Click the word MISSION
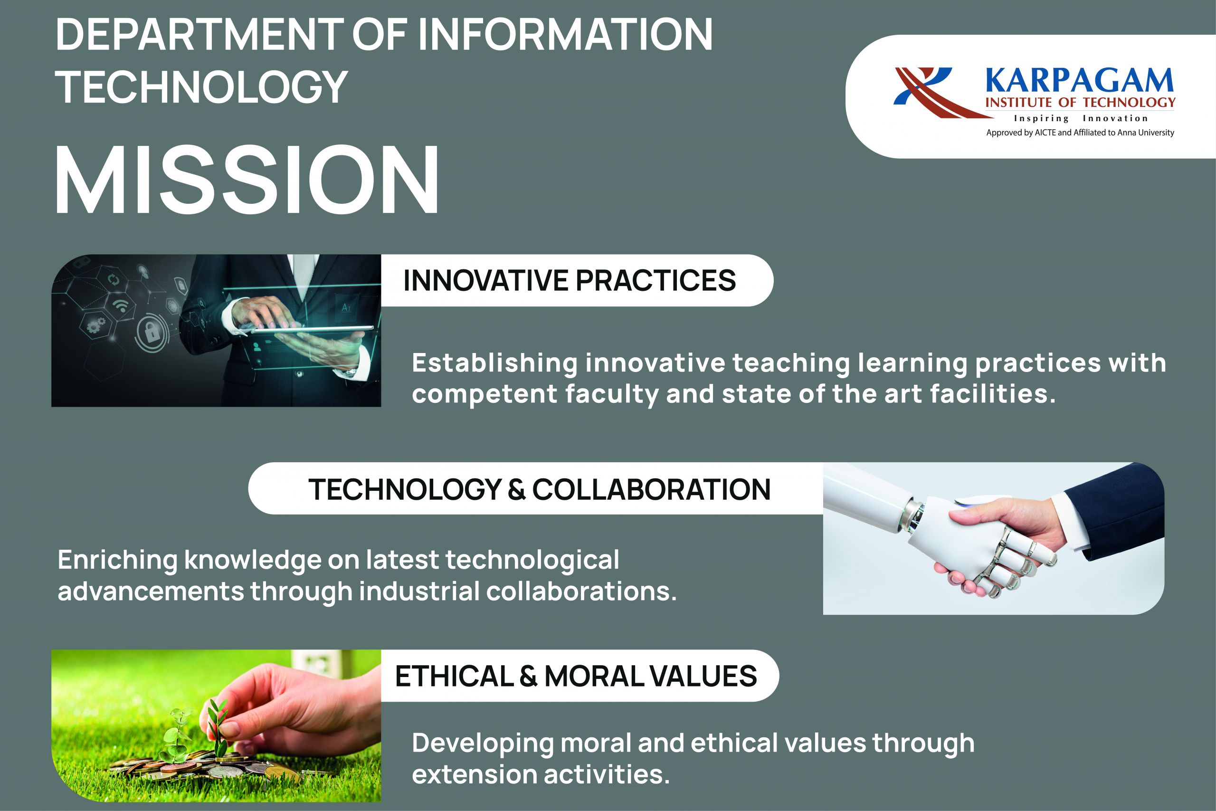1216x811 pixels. point(247,180)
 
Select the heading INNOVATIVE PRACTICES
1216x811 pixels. point(569,280)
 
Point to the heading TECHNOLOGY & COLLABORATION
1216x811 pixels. point(539,489)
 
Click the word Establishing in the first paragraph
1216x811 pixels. point(495,363)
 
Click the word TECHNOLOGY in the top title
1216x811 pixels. point(201,86)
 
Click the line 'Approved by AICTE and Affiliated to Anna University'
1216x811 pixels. point(1080,133)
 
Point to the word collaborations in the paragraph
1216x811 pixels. point(581,591)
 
